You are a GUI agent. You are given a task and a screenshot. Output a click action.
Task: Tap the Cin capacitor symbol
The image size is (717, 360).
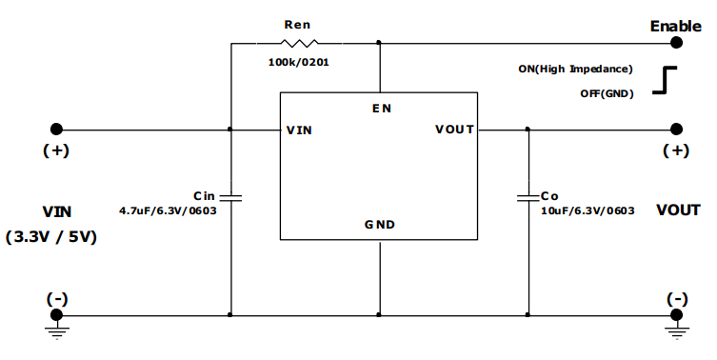tap(231, 198)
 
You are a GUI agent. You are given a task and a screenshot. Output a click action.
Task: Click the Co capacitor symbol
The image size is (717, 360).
tap(528, 198)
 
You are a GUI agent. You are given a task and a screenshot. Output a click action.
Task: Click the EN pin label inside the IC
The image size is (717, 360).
tap(381, 109)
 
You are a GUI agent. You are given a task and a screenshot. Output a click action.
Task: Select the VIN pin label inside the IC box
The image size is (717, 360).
tap(299, 130)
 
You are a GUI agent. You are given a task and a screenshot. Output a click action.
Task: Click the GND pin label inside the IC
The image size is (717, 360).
tap(380, 226)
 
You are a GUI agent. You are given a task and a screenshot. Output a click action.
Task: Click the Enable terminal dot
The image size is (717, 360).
tap(676, 43)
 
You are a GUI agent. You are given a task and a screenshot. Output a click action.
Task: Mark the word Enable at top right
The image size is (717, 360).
tap(675, 26)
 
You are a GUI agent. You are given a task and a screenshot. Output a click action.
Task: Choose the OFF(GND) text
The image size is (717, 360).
tap(607, 93)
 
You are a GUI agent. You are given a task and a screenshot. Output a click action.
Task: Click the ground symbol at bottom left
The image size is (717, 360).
tap(57, 330)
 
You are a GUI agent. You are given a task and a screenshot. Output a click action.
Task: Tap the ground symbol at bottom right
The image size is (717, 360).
tap(676, 330)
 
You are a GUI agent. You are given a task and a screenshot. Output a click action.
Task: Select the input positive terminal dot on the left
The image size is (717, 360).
tap(57, 130)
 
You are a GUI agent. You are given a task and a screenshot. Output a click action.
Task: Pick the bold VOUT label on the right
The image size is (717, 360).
tap(678, 210)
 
